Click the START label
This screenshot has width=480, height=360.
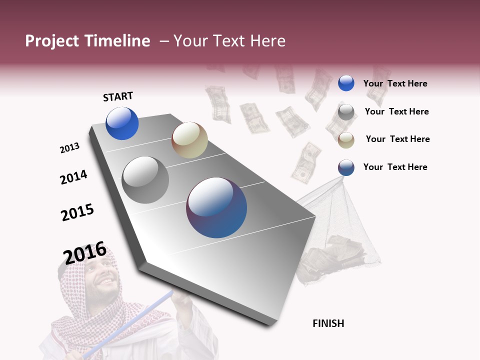point(118,96)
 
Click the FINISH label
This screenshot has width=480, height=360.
point(328,323)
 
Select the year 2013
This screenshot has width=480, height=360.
point(69,148)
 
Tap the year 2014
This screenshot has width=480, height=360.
point(73,177)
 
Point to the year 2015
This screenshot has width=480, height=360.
point(77,212)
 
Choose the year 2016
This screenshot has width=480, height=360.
point(85,252)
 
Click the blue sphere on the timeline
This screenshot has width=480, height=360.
point(122,123)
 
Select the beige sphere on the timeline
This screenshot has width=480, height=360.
point(189,140)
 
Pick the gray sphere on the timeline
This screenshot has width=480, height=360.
point(145,180)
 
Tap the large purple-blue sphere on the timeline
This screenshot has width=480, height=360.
point(216,207)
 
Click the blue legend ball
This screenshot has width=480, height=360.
point(346,83)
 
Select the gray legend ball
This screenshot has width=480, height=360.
point(346,111)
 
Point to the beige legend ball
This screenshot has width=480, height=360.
point(346,139)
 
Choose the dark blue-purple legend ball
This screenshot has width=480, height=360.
point(346,167)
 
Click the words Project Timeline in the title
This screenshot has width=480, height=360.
point(87,41)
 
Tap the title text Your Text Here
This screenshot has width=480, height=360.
point(229,41)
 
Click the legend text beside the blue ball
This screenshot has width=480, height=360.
point(395,83)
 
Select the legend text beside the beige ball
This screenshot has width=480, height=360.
point(397,139)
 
